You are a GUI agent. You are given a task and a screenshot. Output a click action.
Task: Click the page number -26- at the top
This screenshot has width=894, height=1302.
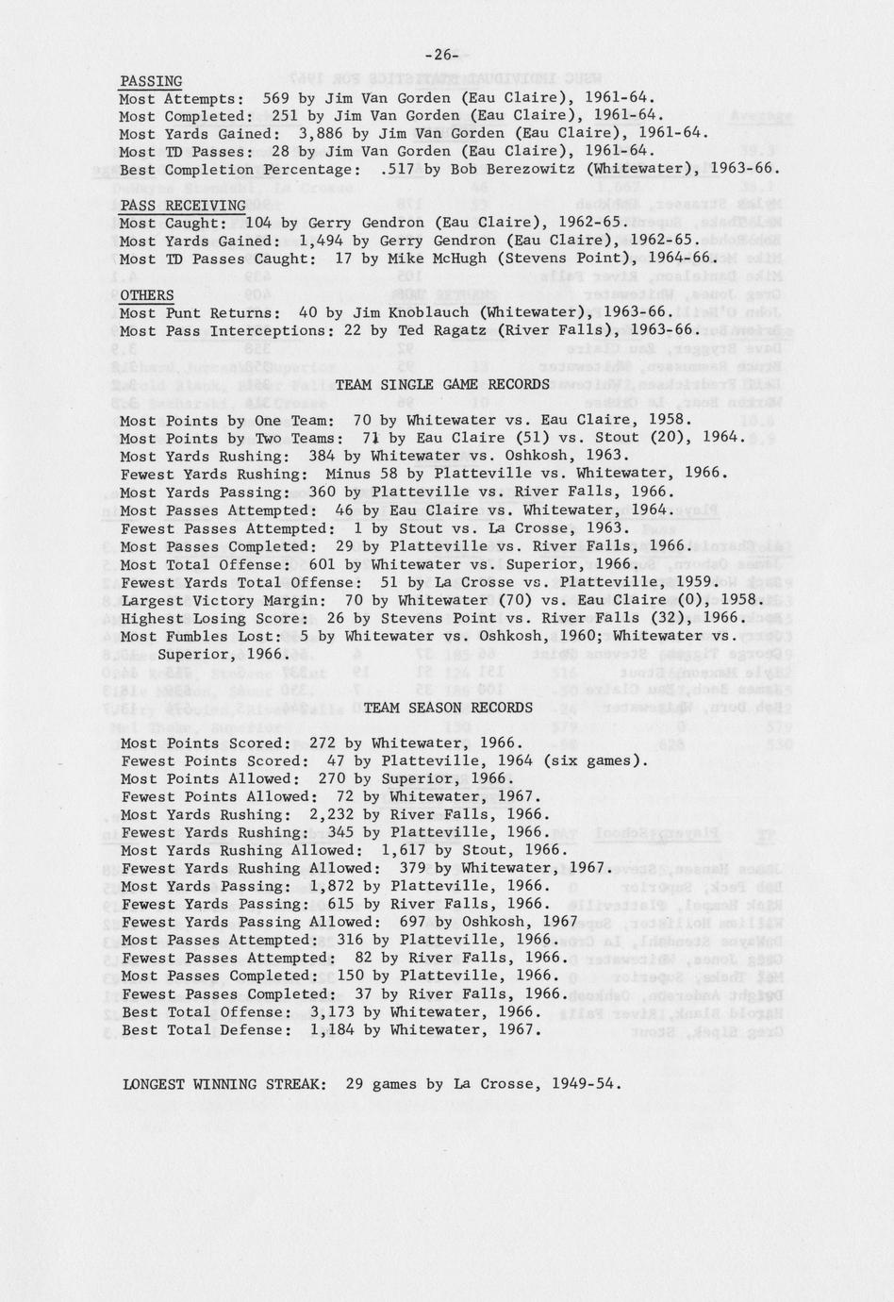click(441, 55)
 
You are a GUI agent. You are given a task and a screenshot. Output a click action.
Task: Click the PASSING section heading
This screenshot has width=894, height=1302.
click(151, 81)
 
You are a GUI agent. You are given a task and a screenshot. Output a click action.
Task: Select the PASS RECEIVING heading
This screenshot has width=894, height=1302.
click(183, 206)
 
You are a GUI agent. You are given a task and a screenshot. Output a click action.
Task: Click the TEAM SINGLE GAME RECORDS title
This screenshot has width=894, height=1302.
click(442, 384)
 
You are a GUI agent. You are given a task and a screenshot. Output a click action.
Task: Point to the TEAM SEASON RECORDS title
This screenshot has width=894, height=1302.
click(448, 708)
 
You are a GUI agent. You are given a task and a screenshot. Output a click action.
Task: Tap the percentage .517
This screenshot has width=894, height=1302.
click(390, 170)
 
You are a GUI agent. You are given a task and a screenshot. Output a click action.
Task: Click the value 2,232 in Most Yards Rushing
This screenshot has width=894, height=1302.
click(331, 815)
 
